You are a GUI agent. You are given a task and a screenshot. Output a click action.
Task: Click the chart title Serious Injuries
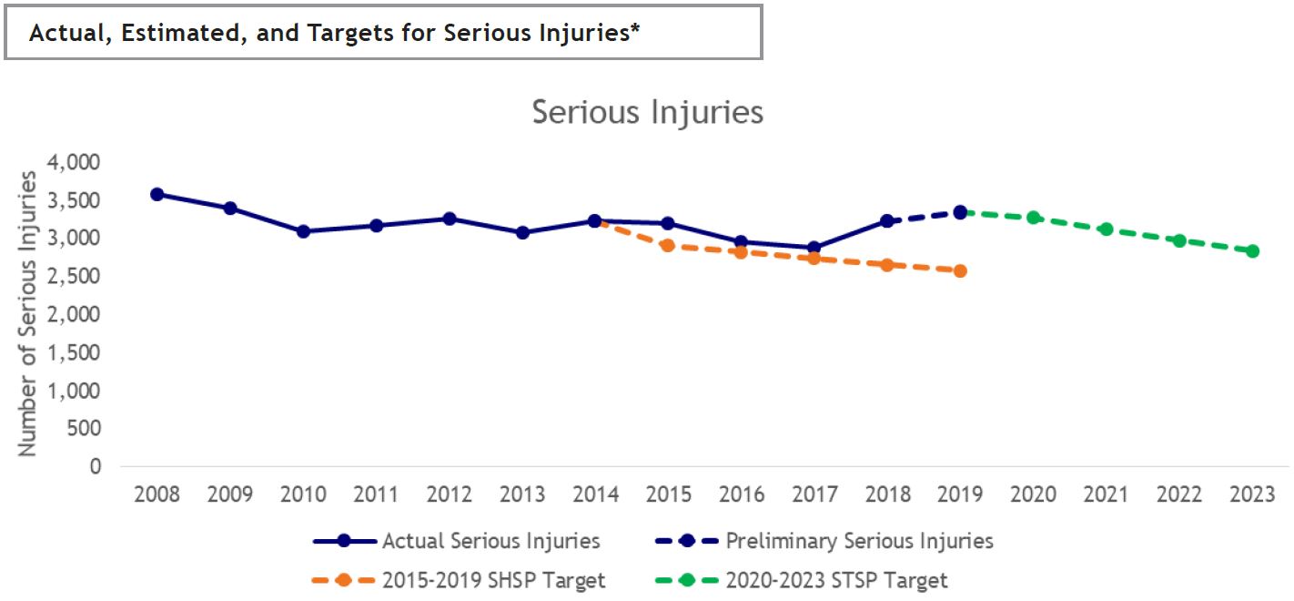647,112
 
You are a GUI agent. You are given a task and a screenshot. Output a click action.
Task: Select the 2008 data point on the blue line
157,194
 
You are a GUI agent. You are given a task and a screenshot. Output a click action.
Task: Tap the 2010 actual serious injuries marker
303,231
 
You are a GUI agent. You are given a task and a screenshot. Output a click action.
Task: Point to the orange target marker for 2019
960,270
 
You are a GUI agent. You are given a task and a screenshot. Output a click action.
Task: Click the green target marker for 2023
1252,251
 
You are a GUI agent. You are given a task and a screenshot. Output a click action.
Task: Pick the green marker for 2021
1107,229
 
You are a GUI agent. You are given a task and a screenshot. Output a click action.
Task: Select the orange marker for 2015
668,246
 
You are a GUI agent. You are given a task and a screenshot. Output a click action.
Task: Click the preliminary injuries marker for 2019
960,212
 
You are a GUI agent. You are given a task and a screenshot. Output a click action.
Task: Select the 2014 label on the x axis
595,494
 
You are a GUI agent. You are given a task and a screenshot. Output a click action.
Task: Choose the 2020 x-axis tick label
1034,494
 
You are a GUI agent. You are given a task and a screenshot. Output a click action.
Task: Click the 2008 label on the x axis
157,494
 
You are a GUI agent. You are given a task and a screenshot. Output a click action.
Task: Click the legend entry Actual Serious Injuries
490,541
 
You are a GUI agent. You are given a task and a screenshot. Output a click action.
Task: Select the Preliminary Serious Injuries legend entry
859,541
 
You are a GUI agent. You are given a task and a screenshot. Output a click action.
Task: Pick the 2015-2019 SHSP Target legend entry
494,580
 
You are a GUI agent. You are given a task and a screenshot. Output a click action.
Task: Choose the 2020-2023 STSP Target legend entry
837,580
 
